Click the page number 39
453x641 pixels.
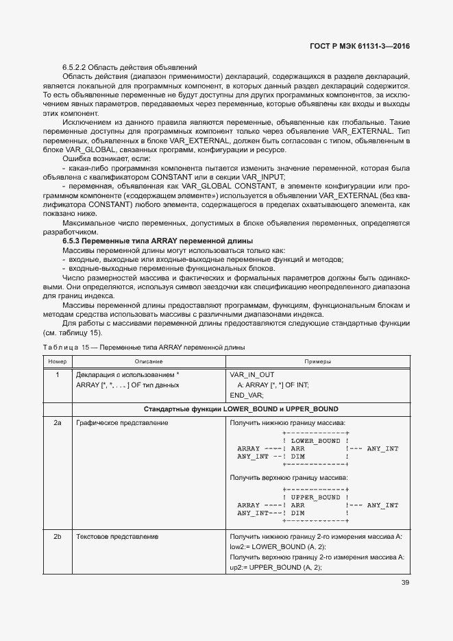pyautogui.click(x=405, y=583)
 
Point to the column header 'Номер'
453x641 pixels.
pyautogui.click(x=58, y=361)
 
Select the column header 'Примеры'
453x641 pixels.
pyautogui.click(x=317, y=361)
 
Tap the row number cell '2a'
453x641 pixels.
pyautogui.click(x=58, y=423)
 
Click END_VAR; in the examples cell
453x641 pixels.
pyautogui.click(x=247, y=396)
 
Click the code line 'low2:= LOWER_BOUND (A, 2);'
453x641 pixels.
pyautogui.click(x=278, y=546)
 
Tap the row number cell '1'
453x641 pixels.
pyautogui.click(x=58, y=375)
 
